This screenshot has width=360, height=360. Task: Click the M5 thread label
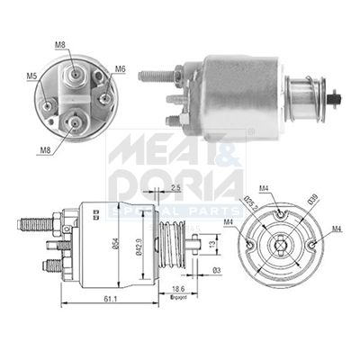pyautogui.click(x=31, y=77)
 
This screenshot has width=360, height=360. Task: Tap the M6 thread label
pyautogui.click(x=120, y=68)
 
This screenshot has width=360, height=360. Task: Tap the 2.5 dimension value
pyautogui.click(x=174, y=187)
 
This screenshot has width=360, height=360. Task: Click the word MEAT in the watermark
pyautogui.click(x=157, y=148)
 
